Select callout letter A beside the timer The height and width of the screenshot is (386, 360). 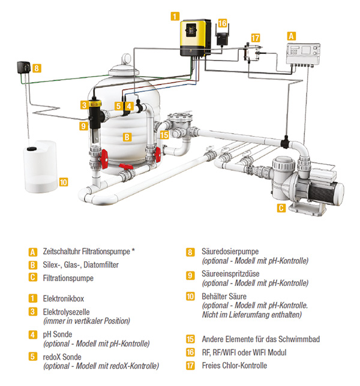tap(292, 35)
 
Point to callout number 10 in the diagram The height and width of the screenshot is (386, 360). tap(64, 181)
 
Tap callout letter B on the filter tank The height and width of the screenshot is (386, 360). tap(127, 137)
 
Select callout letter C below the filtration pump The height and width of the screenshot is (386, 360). tap(281, 209)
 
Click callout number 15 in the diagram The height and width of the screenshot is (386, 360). tap(164, 135)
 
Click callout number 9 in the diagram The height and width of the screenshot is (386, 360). tap(83, 126)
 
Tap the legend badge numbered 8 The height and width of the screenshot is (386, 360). tap(190, 252)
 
